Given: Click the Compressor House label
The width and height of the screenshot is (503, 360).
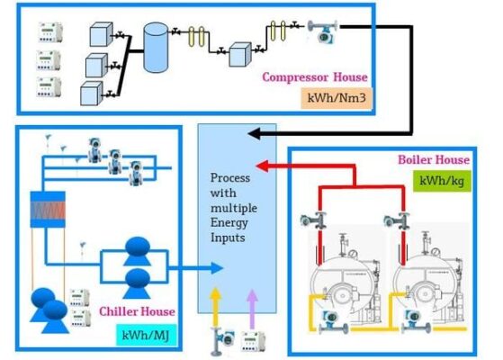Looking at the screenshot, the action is [315, 77].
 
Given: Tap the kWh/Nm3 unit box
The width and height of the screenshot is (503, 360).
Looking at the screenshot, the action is [337, 98].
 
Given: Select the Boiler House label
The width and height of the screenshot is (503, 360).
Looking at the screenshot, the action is [434, 160].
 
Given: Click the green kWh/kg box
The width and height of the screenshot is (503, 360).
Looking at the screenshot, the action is [442, 181].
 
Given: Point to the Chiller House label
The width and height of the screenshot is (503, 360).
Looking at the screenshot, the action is [137, 311].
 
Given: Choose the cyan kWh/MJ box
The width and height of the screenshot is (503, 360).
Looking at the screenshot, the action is [146, 336].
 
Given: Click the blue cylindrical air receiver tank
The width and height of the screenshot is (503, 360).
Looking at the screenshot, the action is [156, 47].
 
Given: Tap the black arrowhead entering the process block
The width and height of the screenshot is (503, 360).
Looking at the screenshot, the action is [256, 133].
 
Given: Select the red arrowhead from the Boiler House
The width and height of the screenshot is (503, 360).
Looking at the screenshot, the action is [262, 166].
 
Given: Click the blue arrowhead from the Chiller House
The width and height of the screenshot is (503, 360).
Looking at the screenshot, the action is [217, 268].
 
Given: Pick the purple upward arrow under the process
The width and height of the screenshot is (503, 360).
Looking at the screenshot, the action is [252, 309].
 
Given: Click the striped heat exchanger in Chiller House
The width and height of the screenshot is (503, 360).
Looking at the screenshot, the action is [48, 210].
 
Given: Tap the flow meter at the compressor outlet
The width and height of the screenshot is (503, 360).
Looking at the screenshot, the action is [323, 31].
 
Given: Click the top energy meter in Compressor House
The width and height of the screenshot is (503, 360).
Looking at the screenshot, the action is [50, 32].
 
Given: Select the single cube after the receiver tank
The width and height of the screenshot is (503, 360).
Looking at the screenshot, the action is [239, 55].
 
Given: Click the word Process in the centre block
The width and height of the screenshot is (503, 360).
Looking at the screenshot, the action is [230, 178].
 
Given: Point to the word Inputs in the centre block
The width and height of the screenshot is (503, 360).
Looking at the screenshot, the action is [228, 238].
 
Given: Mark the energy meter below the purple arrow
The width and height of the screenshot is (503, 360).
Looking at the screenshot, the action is [253, 341].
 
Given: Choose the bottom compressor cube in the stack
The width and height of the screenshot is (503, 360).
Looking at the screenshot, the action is [92, 94].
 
